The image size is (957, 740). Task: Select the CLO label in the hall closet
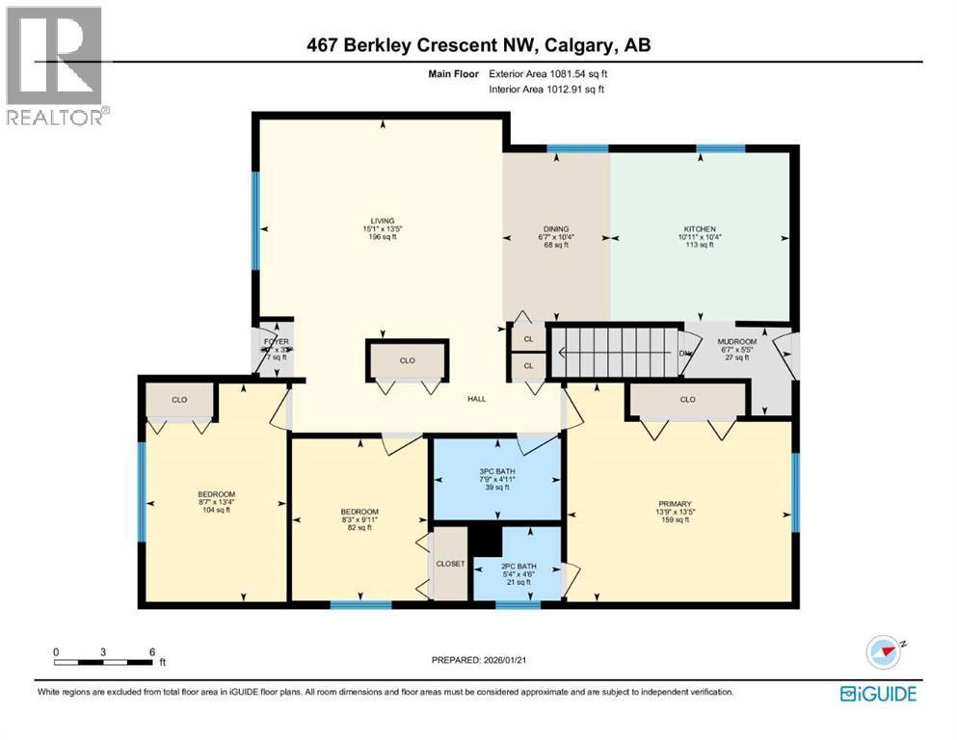407,360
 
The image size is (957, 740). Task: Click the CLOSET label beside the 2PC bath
450,564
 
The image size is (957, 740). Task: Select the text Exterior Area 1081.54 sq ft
549,72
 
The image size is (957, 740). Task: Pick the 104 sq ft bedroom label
211,502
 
